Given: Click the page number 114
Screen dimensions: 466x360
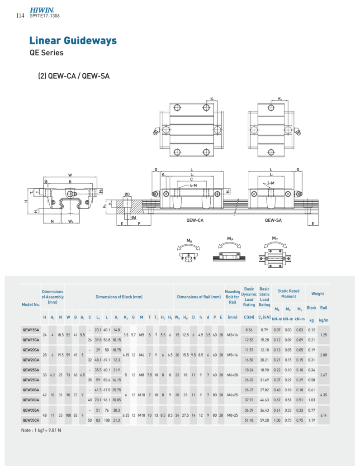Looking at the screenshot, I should (19, 16).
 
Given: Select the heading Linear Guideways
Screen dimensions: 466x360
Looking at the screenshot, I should (73, 41).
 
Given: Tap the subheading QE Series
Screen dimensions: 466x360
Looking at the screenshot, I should (46, 52).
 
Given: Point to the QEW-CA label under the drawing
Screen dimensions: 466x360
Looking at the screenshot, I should (194, 221).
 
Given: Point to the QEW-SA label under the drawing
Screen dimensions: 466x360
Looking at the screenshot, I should (273, 221).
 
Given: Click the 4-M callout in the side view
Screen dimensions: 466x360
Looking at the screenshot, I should (193, 185).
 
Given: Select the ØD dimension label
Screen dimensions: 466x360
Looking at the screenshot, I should (127, 194).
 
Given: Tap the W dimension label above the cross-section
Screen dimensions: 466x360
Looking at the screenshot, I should (70, 175).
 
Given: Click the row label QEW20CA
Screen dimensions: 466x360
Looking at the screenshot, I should (31, 360).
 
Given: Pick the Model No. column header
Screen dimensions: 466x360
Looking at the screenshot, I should (31, 304).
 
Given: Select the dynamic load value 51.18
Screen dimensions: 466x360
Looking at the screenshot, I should (249, 420).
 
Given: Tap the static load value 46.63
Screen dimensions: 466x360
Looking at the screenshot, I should (264, 400).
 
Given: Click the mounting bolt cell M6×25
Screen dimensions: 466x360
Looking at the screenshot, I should (232, 395).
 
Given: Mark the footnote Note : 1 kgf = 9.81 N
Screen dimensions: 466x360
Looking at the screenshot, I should (41, 430).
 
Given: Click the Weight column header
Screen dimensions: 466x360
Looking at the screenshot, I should (317, 294).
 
